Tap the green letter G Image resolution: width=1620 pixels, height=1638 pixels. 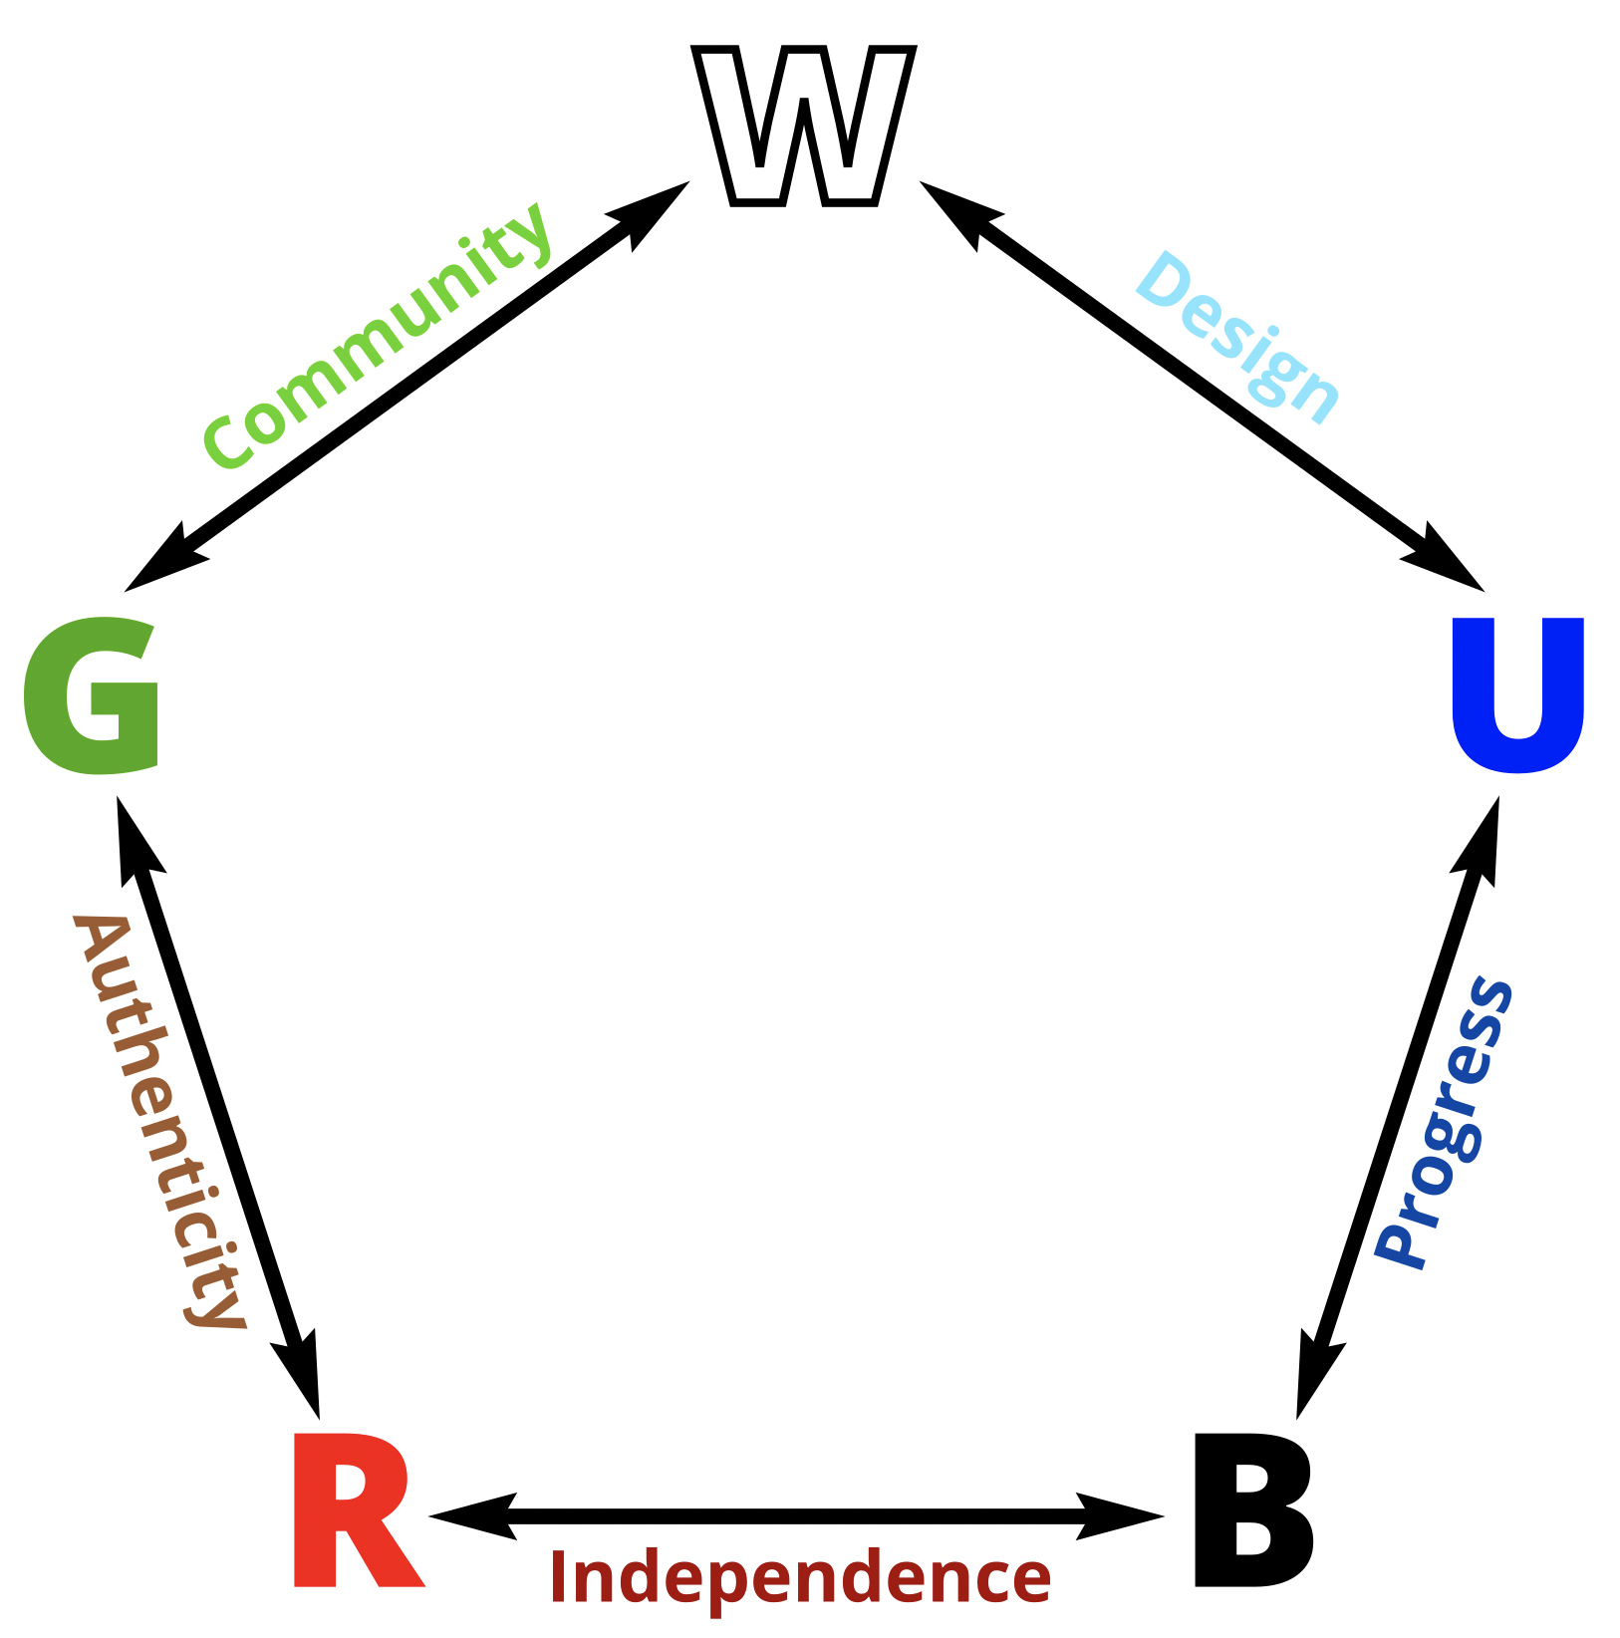[92, 695]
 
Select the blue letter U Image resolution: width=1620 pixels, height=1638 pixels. [1516, 693]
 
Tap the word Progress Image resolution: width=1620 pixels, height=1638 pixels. [1445, 1123]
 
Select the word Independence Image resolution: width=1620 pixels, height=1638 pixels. [800, 1577]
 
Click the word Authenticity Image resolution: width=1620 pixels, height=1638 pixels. [159, 1121]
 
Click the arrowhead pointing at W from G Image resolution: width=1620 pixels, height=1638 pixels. [653, 210]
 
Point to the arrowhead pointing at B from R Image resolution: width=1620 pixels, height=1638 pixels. [1121, 1516]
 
